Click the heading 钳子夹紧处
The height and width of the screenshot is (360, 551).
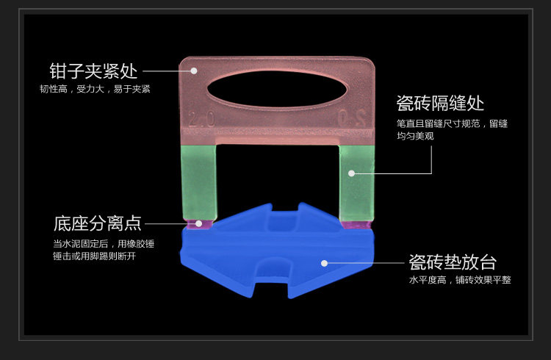[x=93, y=71]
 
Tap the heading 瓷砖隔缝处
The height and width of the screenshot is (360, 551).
[x=440, y=102]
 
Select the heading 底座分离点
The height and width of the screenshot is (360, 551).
[x=97, y=223]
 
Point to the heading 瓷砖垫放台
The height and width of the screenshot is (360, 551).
[x=453, y=262]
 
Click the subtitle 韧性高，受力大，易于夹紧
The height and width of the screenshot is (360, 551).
[x=95, y=90]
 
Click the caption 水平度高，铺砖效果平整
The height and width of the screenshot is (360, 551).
[x=460, y=280]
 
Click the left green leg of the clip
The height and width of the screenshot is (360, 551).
[x=198, y=181]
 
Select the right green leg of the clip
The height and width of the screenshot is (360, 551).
[x=357, y=181]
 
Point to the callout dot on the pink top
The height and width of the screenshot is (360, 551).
[x=194, y=71]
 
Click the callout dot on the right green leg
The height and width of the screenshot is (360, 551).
[x=352, y=173]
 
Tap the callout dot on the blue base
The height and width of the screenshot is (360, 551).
[x=323, y=262]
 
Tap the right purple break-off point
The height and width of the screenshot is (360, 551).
[x=358, y=223]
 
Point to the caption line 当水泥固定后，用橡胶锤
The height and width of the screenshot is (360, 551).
[x=104, y=243]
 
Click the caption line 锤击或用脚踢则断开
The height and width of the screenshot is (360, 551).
[x=94, y=256]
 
